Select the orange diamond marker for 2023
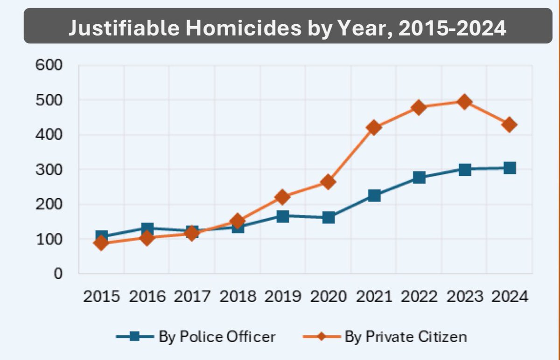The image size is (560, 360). point(464,102)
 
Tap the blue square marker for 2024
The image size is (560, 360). point(510,168)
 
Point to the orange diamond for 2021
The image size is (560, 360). point(374,127)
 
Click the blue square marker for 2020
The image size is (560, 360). point(329,217)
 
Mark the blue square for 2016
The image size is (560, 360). point(147,228)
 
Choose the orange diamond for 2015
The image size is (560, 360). point(101,243)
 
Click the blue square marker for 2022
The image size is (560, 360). point(419,177)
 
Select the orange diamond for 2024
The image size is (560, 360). point(510,125)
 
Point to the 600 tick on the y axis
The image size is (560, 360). point(49,65)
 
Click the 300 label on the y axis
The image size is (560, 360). point(49,170)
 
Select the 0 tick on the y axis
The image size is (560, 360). point(57,274)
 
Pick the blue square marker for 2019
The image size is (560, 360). point(283,216)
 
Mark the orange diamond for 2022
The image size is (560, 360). point(419,107)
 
